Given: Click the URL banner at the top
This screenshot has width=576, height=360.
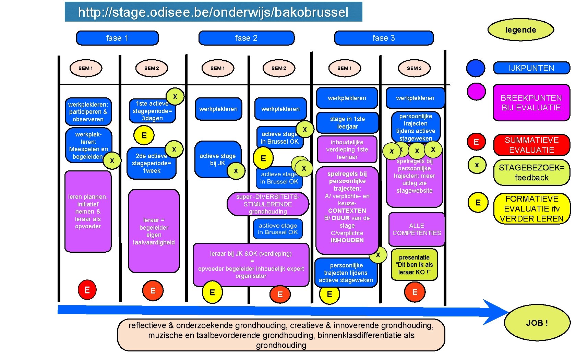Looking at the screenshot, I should [x=213, y=12].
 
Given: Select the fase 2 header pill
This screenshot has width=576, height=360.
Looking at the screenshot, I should [x=246, y=38].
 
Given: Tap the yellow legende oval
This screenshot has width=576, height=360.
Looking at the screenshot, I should [x=520, y=30].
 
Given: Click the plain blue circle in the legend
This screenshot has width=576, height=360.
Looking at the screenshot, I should [x=476, y=68].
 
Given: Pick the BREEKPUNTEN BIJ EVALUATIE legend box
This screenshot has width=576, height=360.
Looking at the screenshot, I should [x=531, y=103].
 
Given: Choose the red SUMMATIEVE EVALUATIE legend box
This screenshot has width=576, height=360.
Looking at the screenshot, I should [x=531, y=145].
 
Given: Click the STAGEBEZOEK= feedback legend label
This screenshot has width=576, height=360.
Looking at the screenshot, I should [x=531, y=172].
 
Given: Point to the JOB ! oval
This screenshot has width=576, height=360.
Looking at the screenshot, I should [x=537, y=323].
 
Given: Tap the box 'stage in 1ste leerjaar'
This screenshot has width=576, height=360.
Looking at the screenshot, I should [x=347, y=123].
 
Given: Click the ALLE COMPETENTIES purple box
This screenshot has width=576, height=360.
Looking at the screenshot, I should [x=417, y=229].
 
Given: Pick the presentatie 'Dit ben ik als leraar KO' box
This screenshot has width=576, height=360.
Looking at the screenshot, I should [x=414, y=265].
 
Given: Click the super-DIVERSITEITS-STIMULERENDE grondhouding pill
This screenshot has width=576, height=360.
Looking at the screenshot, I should [x=267, y=204].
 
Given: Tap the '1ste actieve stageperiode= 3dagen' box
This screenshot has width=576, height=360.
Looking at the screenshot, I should [x=152, y=111].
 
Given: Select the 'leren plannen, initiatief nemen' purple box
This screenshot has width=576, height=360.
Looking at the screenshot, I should [x=88, y=212].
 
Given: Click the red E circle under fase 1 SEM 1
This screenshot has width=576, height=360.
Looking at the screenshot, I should [x=87, y=290].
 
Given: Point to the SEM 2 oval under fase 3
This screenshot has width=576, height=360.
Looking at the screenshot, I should [x=414, y=68].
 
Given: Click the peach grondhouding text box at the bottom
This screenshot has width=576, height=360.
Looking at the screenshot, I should [x=281, y=335].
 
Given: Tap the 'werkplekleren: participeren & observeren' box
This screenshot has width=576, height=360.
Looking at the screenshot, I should [x=88, y=112].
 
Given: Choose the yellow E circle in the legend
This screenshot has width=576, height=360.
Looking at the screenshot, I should [x=478, y=203].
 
